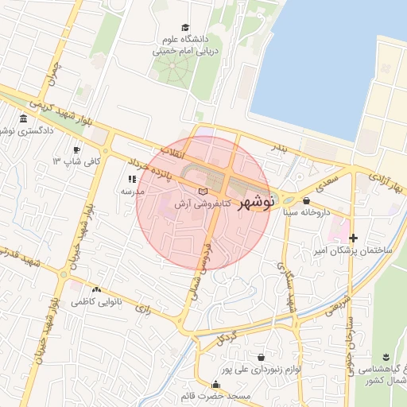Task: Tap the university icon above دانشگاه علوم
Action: tap(185, 28)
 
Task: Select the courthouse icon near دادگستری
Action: tap(21, 120)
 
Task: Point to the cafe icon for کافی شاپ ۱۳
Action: tap(76, 149)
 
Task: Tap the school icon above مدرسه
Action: tap(132, 180)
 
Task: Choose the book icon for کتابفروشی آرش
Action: tap(203, 192)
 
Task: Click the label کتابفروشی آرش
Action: tap(203, 204)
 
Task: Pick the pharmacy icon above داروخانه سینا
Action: tap(307, 200)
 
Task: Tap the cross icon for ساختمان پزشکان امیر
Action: tap(354, 238)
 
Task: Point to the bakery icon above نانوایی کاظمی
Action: tap(96, 290)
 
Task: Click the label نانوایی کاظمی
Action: tap(96, 303)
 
